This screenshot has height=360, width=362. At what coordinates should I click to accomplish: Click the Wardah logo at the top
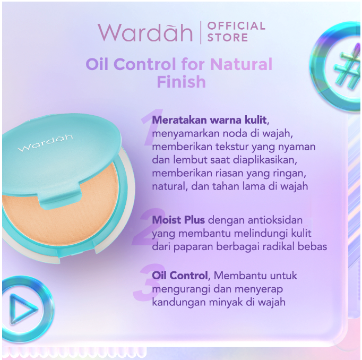145,32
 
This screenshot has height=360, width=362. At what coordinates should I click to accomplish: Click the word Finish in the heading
181,82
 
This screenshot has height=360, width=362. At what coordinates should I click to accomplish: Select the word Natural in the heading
242,65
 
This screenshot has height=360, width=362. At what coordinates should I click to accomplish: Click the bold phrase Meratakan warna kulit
210,119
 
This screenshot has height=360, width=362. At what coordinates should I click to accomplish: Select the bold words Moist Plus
178,220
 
